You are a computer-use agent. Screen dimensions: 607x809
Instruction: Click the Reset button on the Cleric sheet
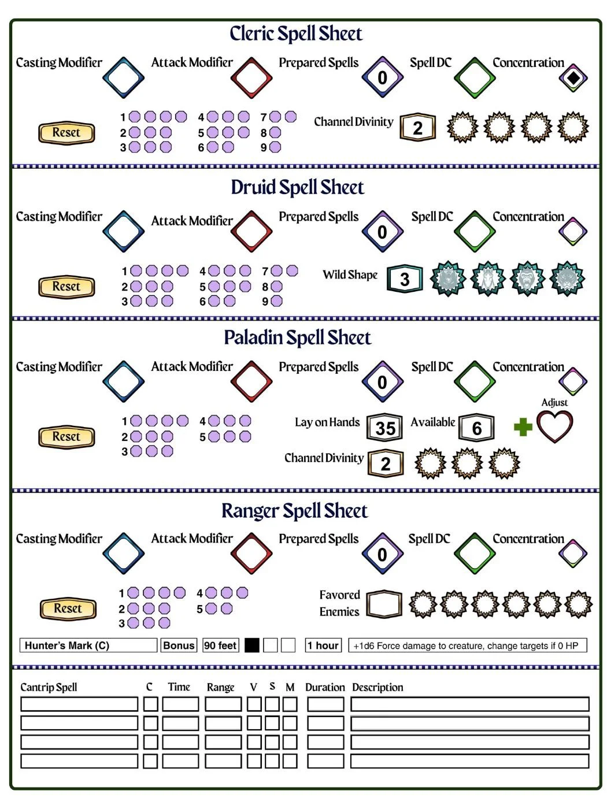tap(66, 132)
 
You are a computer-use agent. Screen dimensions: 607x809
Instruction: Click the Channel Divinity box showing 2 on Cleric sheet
tap(417, 128)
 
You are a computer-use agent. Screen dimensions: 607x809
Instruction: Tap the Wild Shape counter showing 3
tap(404, 279)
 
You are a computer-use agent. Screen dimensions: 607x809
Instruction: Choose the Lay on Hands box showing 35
tap(384, 427)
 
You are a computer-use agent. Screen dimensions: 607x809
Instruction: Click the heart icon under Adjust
tap(554, 426)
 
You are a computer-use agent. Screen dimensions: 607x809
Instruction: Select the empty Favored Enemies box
tap(383, 603)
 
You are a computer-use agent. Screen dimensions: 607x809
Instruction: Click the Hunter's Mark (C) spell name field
tap(88, 645)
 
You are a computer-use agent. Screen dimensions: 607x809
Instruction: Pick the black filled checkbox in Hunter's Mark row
tap(251, 645)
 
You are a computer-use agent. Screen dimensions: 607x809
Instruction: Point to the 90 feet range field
tap(220, 645)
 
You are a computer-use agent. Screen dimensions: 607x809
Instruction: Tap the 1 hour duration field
tap(323, 645)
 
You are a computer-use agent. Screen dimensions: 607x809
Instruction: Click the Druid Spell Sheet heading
tap(297, 187)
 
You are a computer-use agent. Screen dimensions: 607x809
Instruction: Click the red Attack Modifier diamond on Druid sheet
tap(251, 231)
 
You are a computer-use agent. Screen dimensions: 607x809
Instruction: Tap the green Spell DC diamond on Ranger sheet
tap(474, 553)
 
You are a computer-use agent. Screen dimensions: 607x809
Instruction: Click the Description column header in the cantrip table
tap(377, 687)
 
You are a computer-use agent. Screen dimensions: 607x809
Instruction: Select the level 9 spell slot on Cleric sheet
tap(275, 147)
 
